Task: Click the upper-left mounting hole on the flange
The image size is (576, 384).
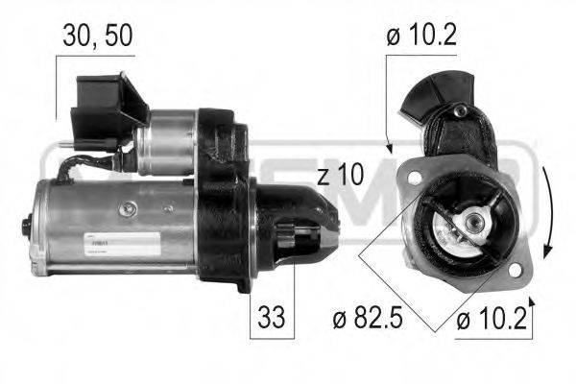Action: (414, 179)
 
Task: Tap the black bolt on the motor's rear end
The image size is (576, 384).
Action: (26, 228)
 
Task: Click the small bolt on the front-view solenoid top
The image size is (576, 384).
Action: (460, 112)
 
